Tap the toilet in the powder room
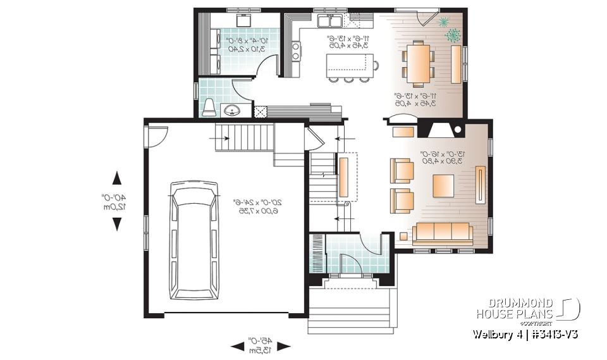pos(209,107)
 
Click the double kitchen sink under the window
pos(331,22)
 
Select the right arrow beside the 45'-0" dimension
pos(285,346)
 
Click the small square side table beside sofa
pos(402,238)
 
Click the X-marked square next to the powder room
pos(259,111)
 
